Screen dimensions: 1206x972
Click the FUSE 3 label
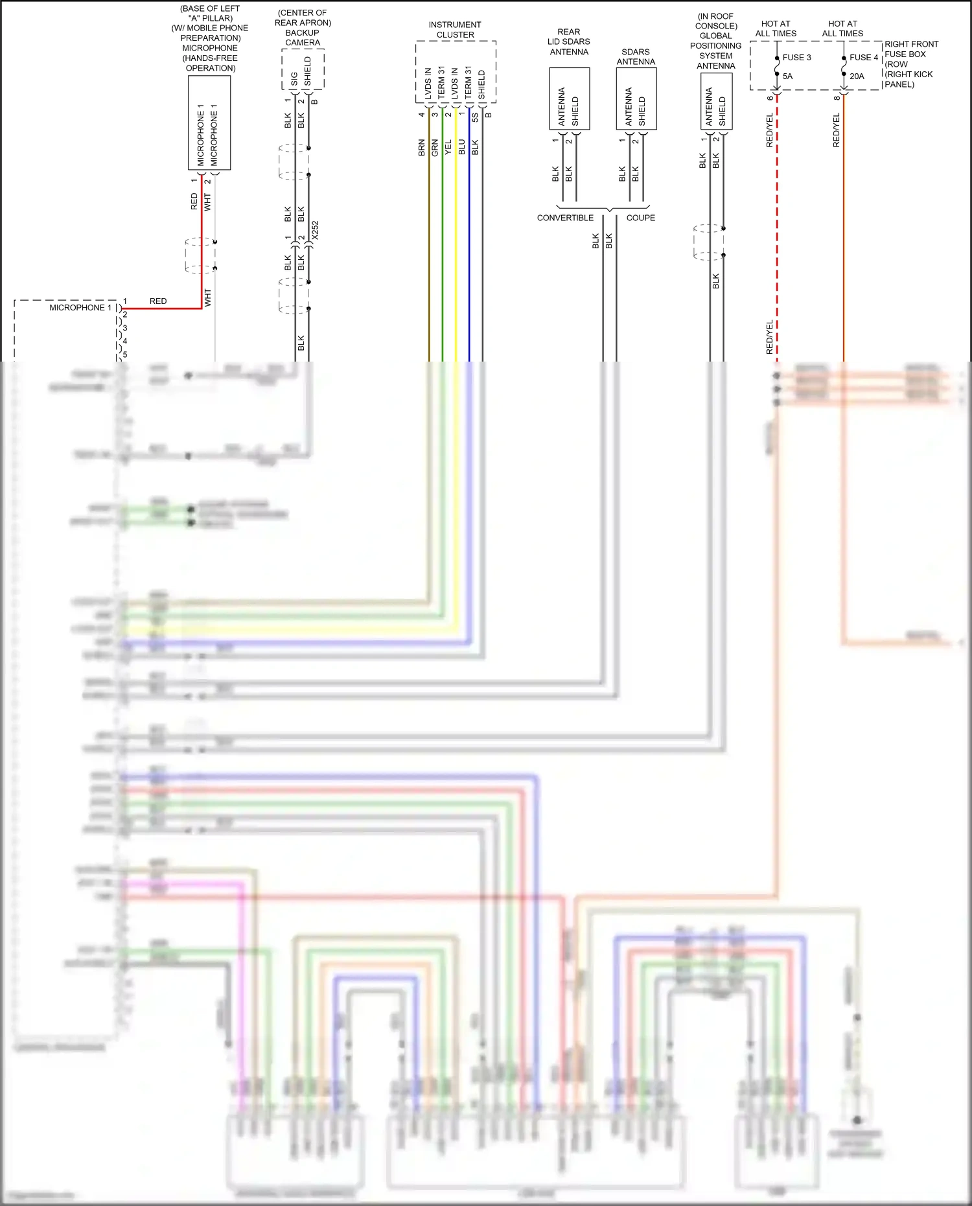coord(796,58)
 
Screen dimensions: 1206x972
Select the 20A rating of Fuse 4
coord(857,76)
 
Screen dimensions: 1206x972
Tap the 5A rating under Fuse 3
coord(787,76)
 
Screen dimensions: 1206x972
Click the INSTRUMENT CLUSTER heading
coord(455,30)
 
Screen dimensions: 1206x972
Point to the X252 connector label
coord(315,230)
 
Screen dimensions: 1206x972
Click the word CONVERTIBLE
coord(565,218)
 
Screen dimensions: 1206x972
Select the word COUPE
coord(640,218)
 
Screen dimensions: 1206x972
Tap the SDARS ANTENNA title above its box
coord(636,57)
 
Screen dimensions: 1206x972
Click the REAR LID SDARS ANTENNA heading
coord(569,42)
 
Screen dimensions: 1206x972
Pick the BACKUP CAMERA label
coord(303,38)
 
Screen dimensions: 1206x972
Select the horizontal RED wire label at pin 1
coord(158,301)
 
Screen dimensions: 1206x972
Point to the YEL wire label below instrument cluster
coord(448,147)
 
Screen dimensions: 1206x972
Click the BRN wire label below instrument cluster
coord(422,147)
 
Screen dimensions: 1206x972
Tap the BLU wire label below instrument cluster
coord(462,147)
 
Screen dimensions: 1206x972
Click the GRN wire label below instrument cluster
coord(435,147)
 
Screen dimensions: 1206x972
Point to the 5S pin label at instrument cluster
coord(475,117)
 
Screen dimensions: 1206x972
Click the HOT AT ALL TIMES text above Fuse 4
coord(842,29)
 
